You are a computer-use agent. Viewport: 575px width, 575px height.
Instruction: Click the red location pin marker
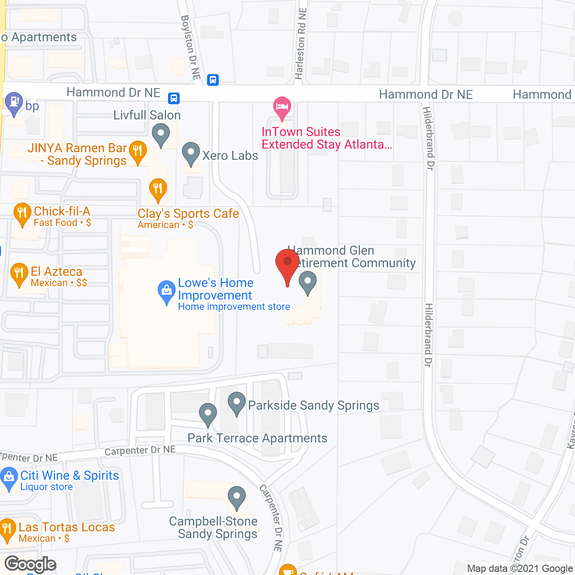[x=287, y=263]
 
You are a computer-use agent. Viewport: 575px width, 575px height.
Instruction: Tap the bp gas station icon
[x=14, y=103]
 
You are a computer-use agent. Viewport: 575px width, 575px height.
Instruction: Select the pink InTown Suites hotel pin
[x=282, y=107]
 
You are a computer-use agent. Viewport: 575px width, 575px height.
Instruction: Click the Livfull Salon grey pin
[x=160, y=134]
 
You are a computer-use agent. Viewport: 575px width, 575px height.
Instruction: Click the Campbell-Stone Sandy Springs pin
[x=237, y=496]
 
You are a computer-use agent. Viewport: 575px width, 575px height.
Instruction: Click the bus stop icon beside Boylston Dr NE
[x=213, y=80]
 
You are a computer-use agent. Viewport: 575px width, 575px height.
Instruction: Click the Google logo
[x=31, y=564]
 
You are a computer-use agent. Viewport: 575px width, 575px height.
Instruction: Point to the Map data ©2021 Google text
[x=520, y=568]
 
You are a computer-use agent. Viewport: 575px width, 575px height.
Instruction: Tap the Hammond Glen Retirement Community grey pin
[x=308, y=282]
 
